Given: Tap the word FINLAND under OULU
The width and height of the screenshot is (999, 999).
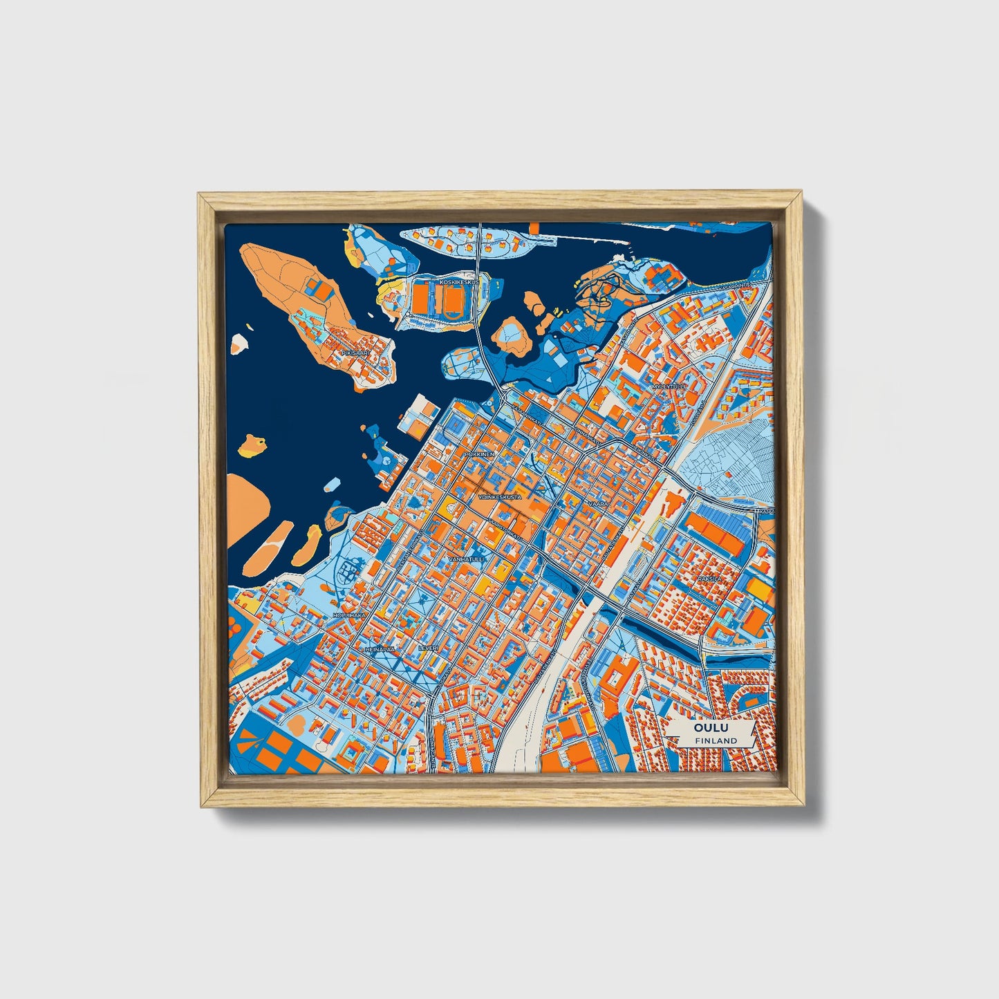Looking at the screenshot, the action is tap(716, 740).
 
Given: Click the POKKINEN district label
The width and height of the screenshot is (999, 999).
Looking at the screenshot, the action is tap(479, 454).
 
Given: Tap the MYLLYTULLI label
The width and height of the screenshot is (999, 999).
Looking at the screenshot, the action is tap(669, 386).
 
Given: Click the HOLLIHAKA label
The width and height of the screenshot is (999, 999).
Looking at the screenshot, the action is tap(349, 615).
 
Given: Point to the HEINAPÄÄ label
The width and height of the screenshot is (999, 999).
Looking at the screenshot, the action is tap(380, 649).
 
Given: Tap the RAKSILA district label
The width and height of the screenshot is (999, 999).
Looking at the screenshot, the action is tap(709, 578).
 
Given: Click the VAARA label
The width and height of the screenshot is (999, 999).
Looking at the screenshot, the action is tap(598, 504).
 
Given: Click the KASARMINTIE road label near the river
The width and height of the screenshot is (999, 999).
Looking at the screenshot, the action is tap(735, 286).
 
